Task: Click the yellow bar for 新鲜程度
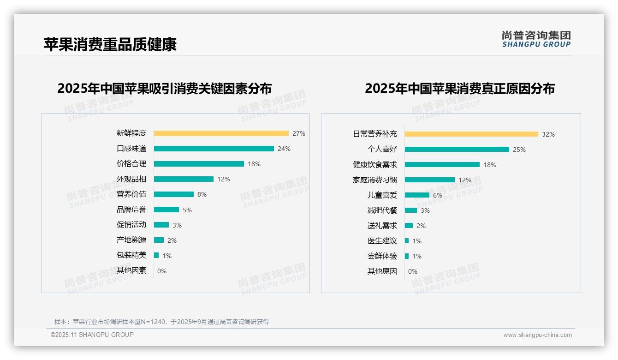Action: [221, 133]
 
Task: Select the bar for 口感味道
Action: [214, 149]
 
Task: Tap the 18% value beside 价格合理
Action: [254, 164]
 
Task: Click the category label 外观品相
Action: [131, 179]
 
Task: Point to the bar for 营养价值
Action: [173, 194]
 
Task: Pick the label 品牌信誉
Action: [131, 210]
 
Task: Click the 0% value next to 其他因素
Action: [162, 271]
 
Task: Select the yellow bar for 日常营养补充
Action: [471, 134]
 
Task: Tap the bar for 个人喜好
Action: [457, 149]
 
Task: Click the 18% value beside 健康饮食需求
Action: [490, 165]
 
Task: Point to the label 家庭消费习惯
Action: [374, 180]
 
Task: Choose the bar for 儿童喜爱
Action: [417, 195]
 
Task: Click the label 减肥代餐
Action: [382, 210]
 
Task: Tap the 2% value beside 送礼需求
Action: [421, 226]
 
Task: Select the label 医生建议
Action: [382, 241]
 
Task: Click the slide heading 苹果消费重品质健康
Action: [110, 44]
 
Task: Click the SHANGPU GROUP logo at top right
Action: [536, 39]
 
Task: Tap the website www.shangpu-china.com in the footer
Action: [537, 335]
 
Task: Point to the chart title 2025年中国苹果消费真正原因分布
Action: [459, 88]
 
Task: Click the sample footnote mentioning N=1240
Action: [161, 322]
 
